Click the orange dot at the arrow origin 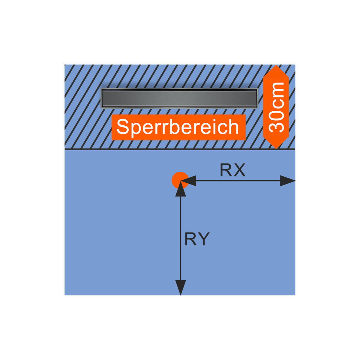point(180,180)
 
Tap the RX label point(232,170)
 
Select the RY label point(197,239)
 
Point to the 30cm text point(276,107)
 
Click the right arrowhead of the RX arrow point(288,181)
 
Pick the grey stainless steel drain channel point(179,98)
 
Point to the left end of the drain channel point(103,98)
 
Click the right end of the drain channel point(256,98)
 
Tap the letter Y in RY point(203,239)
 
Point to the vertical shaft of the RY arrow point(180,240)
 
